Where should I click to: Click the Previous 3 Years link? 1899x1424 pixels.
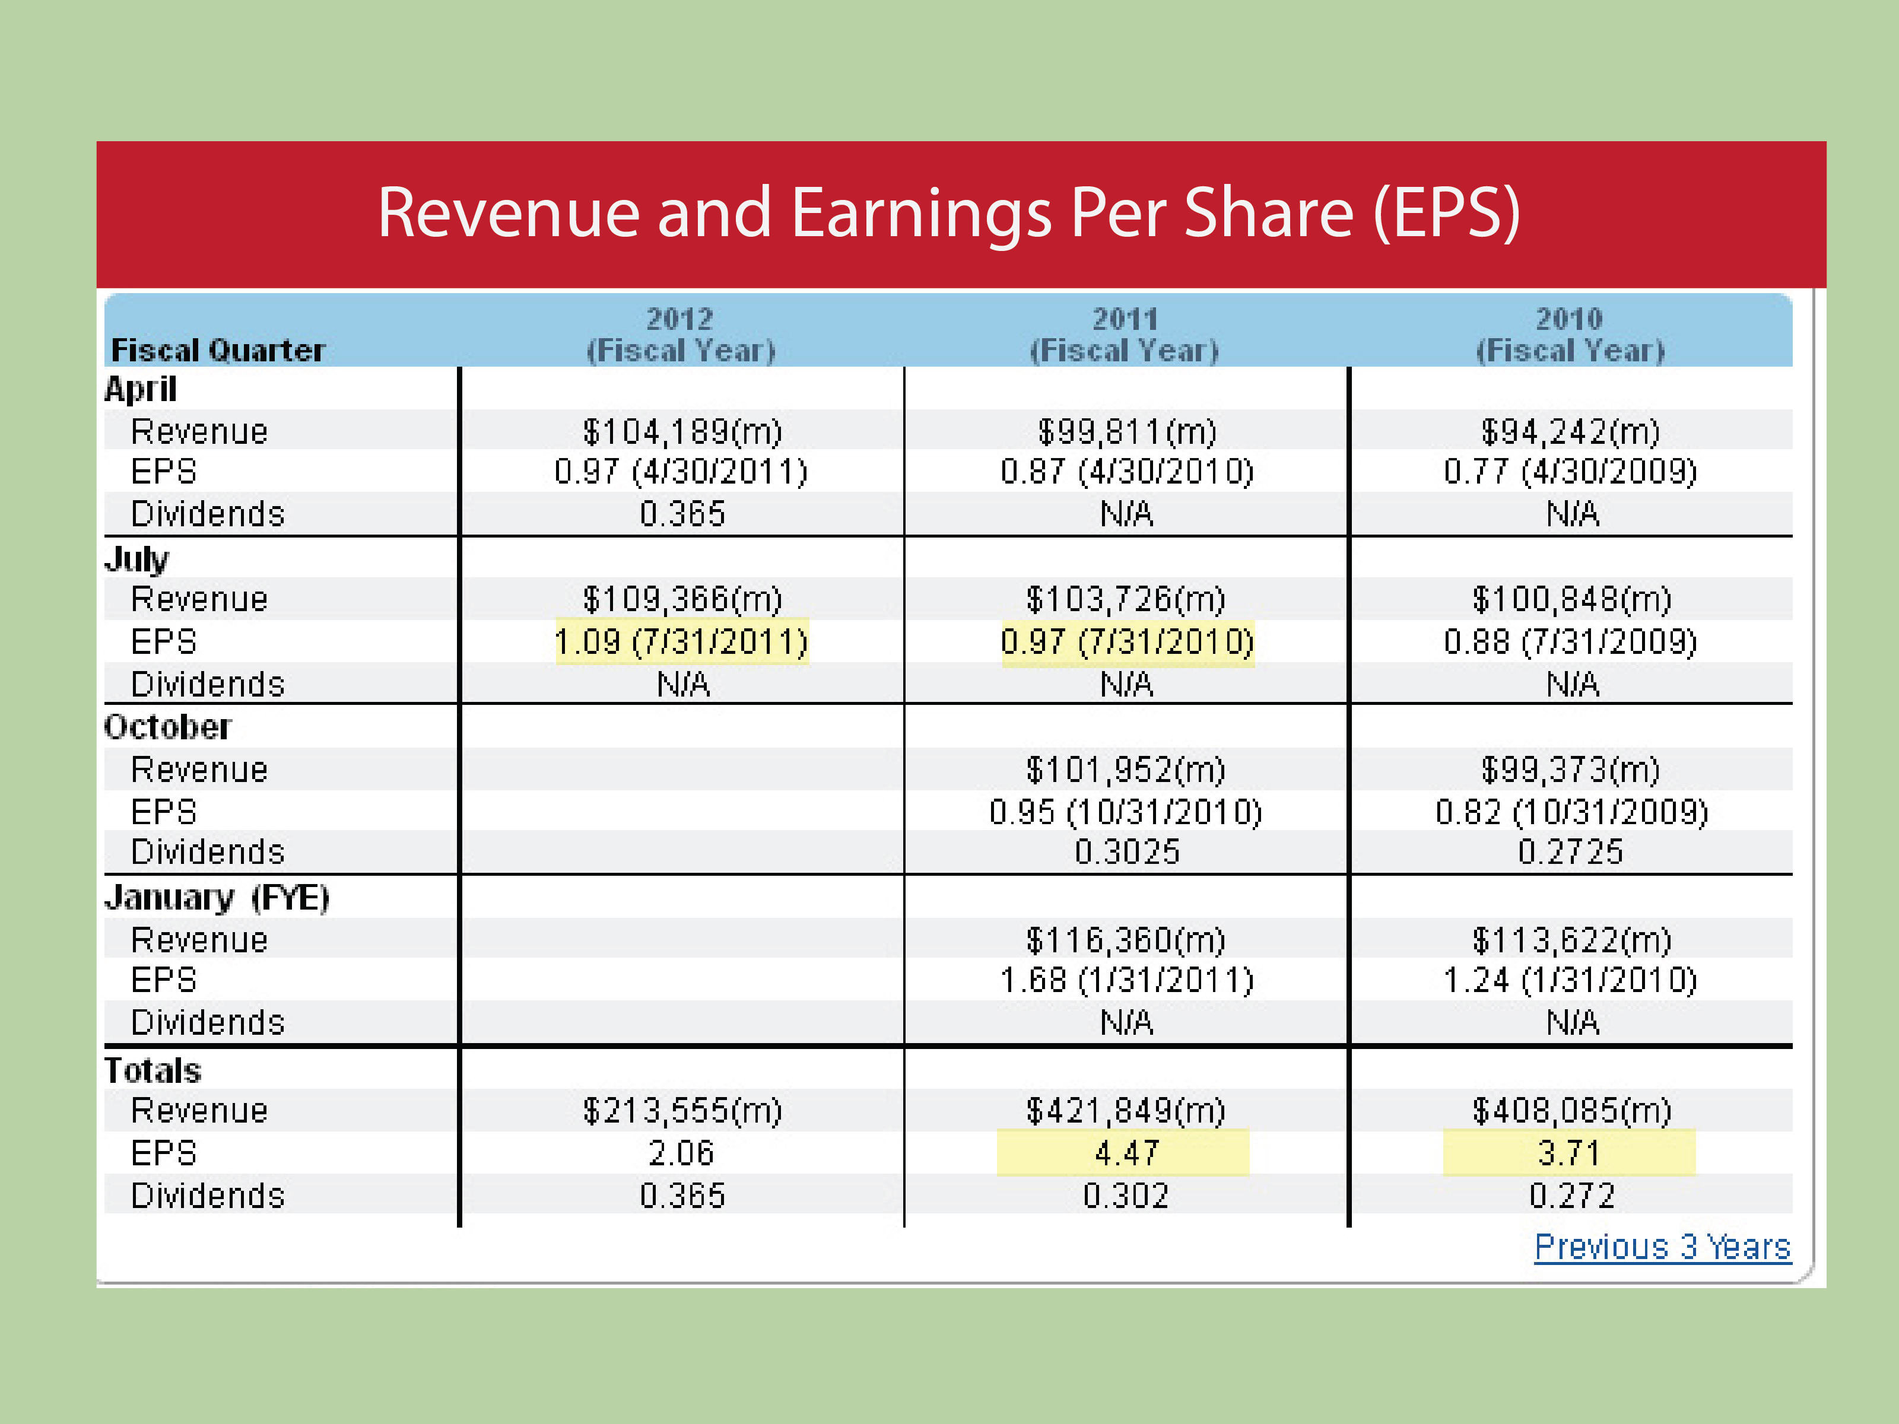click(1662, 1247)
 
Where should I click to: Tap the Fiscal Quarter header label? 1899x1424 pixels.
click(218, 350)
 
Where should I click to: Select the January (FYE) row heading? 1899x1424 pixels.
click(217, 898)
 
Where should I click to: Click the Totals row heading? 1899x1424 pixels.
click(153, 1070)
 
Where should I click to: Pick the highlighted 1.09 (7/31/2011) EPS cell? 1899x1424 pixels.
click(682, 642)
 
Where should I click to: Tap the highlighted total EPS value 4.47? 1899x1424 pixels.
click(1126, 1153)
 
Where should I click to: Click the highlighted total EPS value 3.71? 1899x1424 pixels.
click(1569, 1153)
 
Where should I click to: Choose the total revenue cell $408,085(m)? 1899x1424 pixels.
click(1571, 1111)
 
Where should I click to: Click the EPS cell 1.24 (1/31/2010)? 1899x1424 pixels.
click(1570, 980)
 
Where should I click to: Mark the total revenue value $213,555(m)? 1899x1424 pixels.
click(682, 1111)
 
